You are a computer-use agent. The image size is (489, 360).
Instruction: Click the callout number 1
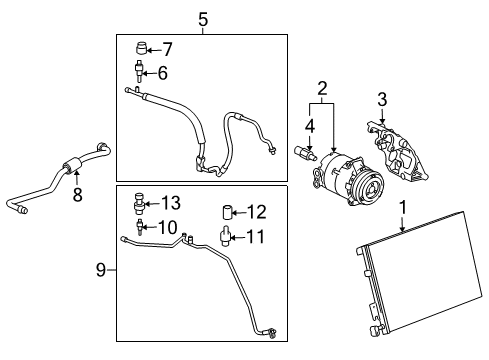[x=403, y=207]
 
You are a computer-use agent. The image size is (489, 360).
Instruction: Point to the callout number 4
[x=309, y=125]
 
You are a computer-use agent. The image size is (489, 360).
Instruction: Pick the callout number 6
[x=162, y=72]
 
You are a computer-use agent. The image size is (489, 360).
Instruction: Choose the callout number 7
[x=166, y=47]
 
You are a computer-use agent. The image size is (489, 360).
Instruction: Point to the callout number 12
[x=256, y=211]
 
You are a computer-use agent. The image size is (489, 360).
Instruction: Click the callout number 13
[x=170, y=202]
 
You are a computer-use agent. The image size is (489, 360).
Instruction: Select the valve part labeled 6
[x=139, y=71]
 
